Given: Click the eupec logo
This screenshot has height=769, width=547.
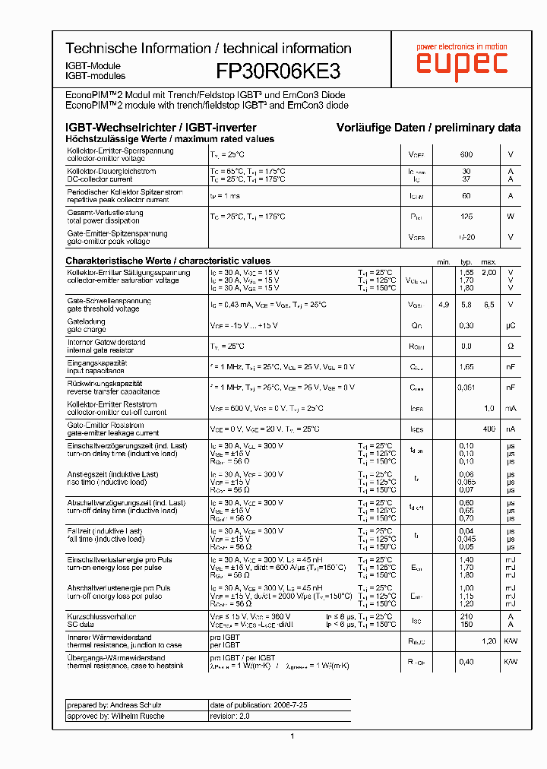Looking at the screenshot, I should click(461, 62).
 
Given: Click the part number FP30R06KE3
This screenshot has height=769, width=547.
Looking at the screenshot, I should click(278, 71).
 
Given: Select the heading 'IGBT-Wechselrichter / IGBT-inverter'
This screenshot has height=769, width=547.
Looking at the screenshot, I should click(161, 128).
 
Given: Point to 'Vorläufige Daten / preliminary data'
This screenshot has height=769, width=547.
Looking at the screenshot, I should click(428, 128).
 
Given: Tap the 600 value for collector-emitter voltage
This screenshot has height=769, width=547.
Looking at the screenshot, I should click(466, 155).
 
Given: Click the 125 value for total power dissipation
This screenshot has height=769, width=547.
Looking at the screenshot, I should click(466, 217).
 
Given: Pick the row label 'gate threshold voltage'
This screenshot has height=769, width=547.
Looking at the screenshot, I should click(103, 309).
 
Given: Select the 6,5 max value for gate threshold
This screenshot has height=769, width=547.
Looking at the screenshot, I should click(489, 305).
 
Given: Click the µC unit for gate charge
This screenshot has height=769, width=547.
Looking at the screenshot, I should click(511, 326).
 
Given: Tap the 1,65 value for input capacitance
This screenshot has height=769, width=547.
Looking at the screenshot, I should click(466, 367).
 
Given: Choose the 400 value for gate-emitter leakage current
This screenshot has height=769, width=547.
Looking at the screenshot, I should click(489, 429).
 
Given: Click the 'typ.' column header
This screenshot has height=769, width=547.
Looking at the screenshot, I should click(466, 261).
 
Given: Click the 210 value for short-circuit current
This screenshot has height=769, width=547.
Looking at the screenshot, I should click(466, 616).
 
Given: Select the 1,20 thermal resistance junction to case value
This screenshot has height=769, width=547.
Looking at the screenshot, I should click(489, 641).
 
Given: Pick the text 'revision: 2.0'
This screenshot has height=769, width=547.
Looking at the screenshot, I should click(229, 716).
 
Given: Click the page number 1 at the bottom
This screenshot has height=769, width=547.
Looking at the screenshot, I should click(292, 736).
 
